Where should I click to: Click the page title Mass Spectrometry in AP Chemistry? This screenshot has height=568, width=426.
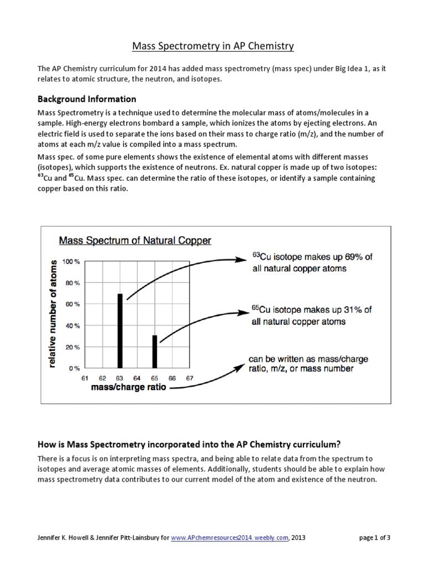point(212,46)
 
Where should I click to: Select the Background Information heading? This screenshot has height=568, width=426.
point(87,99)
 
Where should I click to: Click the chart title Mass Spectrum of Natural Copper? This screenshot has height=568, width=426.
point(135,241)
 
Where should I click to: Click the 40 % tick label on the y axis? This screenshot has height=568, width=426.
point(73,326)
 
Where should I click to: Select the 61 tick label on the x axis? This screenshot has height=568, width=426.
point(85,378)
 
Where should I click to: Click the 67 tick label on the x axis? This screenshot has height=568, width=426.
point(190,378)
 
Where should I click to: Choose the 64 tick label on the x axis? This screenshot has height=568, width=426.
point(137,378)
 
